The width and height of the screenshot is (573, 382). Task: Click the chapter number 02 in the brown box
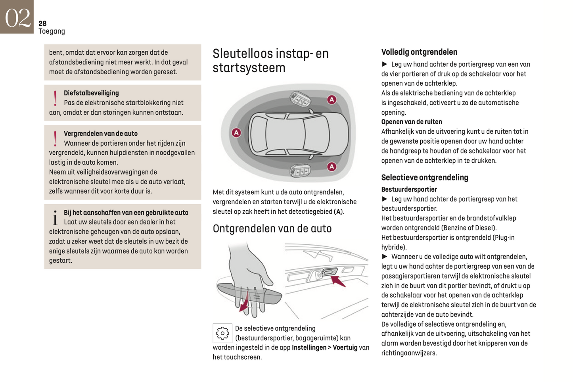17,17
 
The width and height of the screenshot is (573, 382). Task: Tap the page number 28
42,23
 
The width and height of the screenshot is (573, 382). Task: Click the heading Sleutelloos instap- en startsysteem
270,60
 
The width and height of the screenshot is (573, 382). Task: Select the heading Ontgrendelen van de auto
272,228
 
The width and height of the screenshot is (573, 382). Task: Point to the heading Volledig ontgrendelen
419,52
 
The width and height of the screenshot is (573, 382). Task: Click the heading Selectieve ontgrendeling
424,177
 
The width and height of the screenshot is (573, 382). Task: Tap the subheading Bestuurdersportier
409,189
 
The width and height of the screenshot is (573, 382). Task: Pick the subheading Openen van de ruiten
411,122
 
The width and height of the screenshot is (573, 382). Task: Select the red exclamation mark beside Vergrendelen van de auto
55,139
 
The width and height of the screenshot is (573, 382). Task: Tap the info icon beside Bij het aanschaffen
55,217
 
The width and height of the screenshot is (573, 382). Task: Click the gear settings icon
222,333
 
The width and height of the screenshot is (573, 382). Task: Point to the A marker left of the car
236,132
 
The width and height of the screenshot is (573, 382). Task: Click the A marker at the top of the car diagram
332,100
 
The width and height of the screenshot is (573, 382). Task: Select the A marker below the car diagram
332,167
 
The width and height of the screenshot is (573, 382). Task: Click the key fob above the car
300,99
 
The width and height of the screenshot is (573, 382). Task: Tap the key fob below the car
300,171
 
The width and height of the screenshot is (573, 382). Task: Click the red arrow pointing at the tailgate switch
338,281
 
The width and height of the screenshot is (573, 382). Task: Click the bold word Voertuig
345,347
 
